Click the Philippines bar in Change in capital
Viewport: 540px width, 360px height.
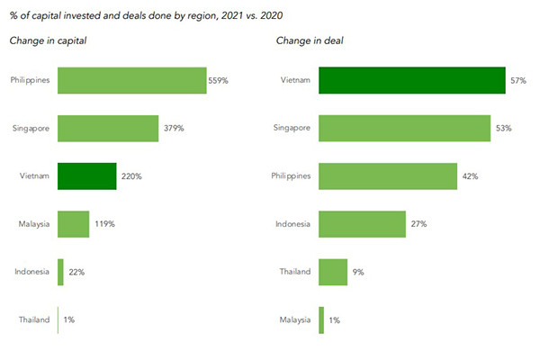click(131, 80)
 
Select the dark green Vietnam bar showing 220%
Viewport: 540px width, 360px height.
click(86, 175)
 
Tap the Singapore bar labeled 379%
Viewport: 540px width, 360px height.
click(107, 128)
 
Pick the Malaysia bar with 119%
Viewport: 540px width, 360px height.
click(73, 224)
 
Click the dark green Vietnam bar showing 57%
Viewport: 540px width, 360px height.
click(411, 80)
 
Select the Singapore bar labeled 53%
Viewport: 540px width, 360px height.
click(404, 128)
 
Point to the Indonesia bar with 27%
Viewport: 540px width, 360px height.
click(362, 224)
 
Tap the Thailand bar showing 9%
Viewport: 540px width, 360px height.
click(333, 272)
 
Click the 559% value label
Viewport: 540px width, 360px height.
click(219, 80)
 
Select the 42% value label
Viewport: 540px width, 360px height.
click(469, 176)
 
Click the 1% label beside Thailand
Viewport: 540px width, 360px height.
click(68, 319)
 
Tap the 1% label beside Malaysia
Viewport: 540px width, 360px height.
click(335, 319)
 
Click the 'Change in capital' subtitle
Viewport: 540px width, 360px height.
click(49, 40)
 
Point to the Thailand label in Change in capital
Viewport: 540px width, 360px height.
click(34, 319)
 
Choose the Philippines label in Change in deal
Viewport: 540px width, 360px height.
click(292, 176)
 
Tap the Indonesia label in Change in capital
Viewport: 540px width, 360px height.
click(33, 272)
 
